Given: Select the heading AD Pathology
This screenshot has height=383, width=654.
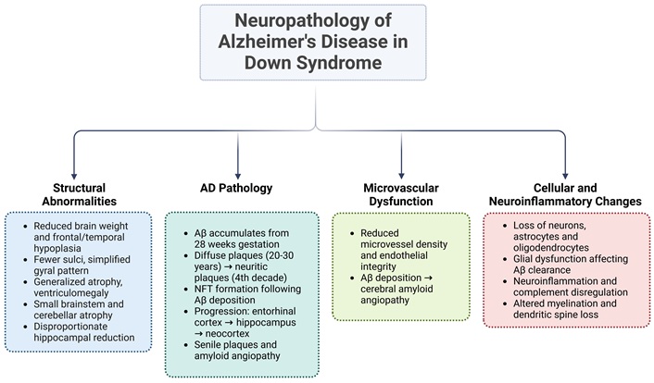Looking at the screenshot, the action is (x=236, y=188).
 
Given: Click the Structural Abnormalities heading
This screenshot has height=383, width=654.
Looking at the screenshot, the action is (x=80, y=194).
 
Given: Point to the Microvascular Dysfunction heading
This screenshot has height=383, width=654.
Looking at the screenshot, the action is (x=401, y=194).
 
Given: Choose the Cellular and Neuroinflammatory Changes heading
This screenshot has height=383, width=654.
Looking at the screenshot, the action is (x=565, y=194).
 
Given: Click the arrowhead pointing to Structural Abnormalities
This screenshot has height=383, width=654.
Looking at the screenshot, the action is (x=74, y=177).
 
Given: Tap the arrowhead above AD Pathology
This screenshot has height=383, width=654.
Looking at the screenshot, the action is (x=238, y=177).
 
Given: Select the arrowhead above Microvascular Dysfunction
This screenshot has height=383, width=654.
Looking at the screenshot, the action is (x=401, y=177).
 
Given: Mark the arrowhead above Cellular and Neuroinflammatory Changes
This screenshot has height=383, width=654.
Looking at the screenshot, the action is (x=565, y=177).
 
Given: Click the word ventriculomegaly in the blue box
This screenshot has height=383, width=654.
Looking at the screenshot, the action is (x=71, y=293).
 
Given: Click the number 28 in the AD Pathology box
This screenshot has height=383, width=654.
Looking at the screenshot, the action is (x=200, y=244).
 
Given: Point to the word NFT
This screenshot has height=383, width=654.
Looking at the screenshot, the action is (x=203, y=289).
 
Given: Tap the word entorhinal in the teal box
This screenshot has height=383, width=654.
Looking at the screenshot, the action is (x=275, y=312).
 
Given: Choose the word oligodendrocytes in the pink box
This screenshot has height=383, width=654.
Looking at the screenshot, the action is (x=551, y=248).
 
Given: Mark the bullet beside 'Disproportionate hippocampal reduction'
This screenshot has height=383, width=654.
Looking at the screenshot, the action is (x=25, y=327).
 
